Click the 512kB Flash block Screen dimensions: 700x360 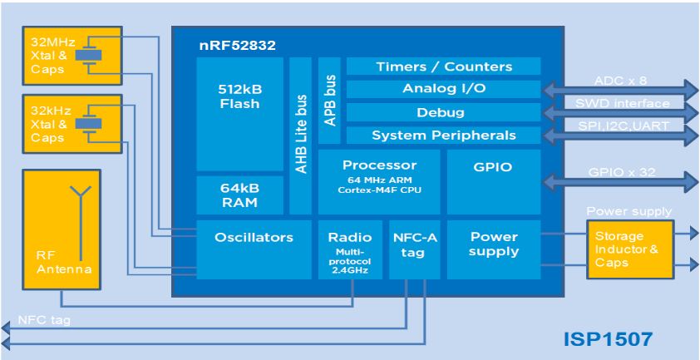point(240,113)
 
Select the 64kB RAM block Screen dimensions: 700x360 point(240,195)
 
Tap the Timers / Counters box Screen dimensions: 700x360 point(443,67)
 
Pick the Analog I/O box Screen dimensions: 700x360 point(443,89)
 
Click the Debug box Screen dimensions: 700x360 point(443,112)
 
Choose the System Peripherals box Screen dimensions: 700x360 point(443,135)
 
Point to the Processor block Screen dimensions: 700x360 point(379,182)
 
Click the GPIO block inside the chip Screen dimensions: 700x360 point(494,182)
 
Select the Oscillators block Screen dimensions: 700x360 point(254,249)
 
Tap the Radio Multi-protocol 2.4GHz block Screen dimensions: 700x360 point(350,249)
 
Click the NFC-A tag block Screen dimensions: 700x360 point(414,249)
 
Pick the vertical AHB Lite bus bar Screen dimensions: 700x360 point(300,136)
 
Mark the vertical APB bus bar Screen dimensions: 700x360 point(329,101)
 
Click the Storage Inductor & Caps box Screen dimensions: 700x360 point(630,249)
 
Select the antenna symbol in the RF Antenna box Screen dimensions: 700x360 point(81,223)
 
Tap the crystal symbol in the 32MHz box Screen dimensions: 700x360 point(88,55)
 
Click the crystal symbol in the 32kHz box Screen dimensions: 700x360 point(88,123)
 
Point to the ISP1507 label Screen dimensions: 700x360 point(608,340)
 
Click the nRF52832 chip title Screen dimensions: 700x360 point(237,45)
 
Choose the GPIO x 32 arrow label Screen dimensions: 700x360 point(621,172)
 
